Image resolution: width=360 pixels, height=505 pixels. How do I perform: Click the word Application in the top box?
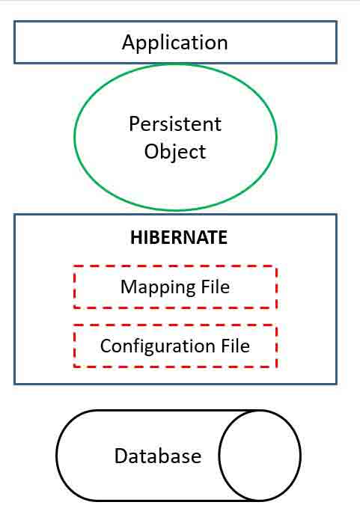coord(175,43)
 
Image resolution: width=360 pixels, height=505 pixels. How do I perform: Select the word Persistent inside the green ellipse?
coord(175,123)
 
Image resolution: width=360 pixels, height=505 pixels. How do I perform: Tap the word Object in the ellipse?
coord(175,152)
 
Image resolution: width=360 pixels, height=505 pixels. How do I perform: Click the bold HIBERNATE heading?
coord(179,237)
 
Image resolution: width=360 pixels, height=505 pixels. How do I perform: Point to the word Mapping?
coord(158,287)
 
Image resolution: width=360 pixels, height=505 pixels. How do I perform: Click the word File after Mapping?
coord(216,287)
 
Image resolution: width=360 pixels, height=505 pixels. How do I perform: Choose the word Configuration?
coord(158,346)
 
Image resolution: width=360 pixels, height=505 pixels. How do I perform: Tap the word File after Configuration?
coord(235,346)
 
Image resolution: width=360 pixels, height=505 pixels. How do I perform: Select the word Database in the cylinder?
coord(158,456)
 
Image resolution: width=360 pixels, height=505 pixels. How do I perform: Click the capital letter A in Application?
coord(128,42)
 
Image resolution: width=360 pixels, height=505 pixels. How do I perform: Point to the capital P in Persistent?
coord(134,123)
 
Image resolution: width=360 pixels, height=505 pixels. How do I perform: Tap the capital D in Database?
coord(121,456)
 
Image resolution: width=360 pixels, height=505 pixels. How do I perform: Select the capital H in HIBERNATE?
coord(135,237)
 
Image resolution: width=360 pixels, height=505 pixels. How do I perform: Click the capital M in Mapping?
coord(129,287)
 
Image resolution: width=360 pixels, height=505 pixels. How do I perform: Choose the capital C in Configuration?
coord(106,346)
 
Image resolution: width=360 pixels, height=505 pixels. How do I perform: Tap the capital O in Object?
coord(151,151)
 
